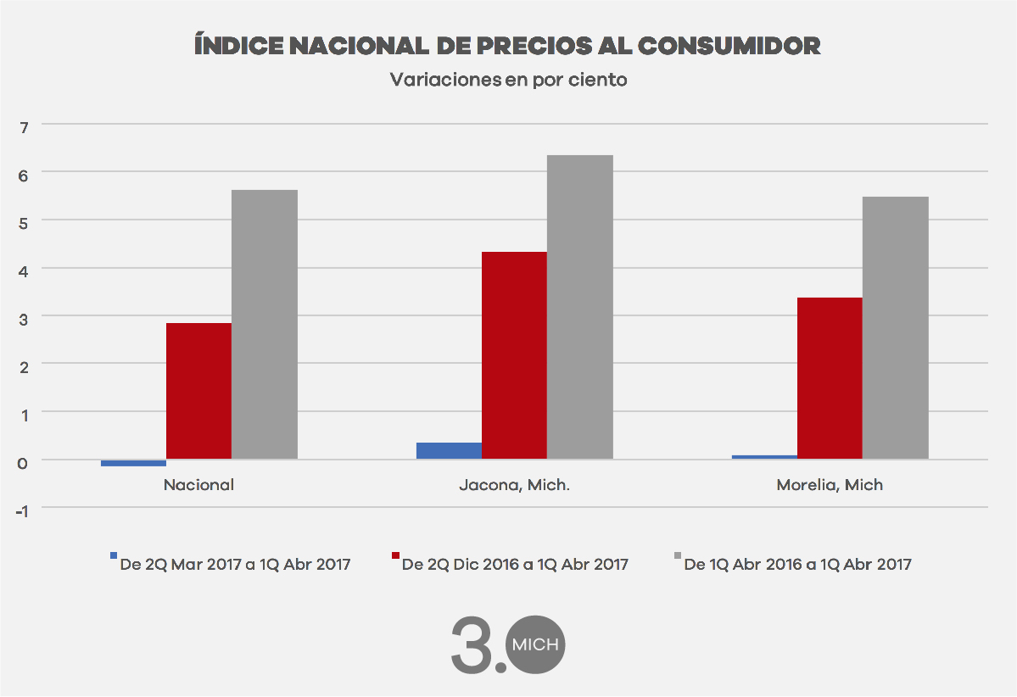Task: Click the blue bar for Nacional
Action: coord(133,463)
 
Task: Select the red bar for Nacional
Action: coord(198,391)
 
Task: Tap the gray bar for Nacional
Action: coord(265,325)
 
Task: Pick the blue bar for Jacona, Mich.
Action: coord(449,451)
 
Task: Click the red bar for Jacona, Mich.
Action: coord(514,355)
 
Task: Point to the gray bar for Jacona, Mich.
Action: coord(580,307)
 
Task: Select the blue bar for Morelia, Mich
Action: coord(764,457)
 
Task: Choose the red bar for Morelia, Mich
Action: coord(830,378)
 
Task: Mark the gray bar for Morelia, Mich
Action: coord(896,328)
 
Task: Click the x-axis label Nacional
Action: coord(198,486)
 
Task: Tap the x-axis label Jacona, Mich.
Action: coord(514,486)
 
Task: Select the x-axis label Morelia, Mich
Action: coord(830,486)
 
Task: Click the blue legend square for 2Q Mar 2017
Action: coord(114,555)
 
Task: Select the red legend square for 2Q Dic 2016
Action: coord(394,555)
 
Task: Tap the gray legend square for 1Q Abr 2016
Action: coord(677,555)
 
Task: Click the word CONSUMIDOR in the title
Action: coord(729,46)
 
